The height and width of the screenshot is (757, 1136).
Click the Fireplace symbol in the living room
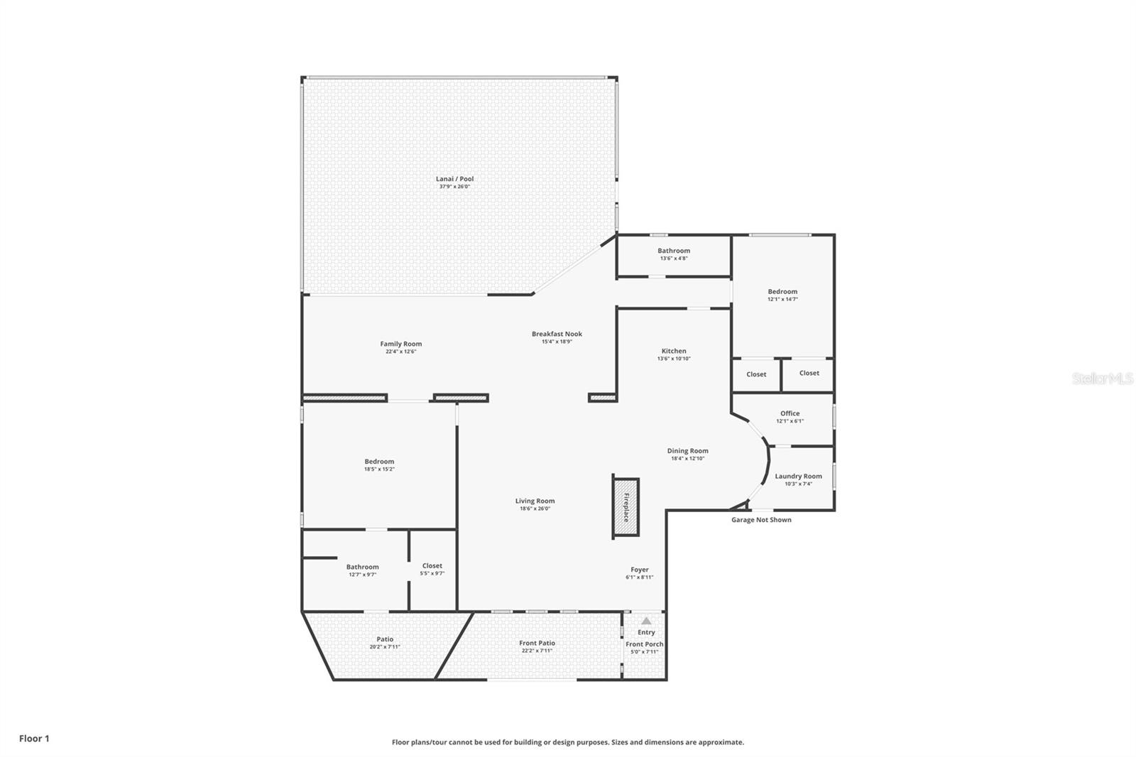coord(626,508)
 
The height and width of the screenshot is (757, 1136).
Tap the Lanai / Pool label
coord(454,179)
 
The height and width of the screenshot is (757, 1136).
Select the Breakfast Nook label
coord(557,334)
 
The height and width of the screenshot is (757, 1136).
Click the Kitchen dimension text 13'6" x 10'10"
coord(673,359)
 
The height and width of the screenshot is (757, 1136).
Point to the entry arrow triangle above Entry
coord(646,621)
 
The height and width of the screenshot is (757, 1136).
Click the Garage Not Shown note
coord(761,520)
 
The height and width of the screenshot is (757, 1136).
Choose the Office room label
coord(790,413)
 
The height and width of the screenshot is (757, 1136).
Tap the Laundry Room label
coord(798,476)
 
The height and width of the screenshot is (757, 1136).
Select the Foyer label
coord(639,570)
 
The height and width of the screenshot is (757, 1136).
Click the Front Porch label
coord(644,644)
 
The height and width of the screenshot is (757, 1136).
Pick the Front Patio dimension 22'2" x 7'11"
coord(537,650)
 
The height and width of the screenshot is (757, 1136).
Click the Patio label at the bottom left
coord(385,639)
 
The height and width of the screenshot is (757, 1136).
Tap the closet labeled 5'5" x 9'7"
coord(432,570)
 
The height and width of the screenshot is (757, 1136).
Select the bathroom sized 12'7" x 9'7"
coord(362,570)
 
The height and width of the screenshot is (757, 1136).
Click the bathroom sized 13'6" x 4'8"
coord(673,254)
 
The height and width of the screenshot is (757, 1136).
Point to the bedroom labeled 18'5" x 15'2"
coord(379,465)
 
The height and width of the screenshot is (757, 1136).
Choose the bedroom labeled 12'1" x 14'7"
coord(782,295)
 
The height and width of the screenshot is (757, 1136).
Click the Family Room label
coord(400,344)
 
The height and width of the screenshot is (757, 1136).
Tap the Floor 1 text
coord(34,739)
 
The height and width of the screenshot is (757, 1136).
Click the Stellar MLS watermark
coord(1102,379)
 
